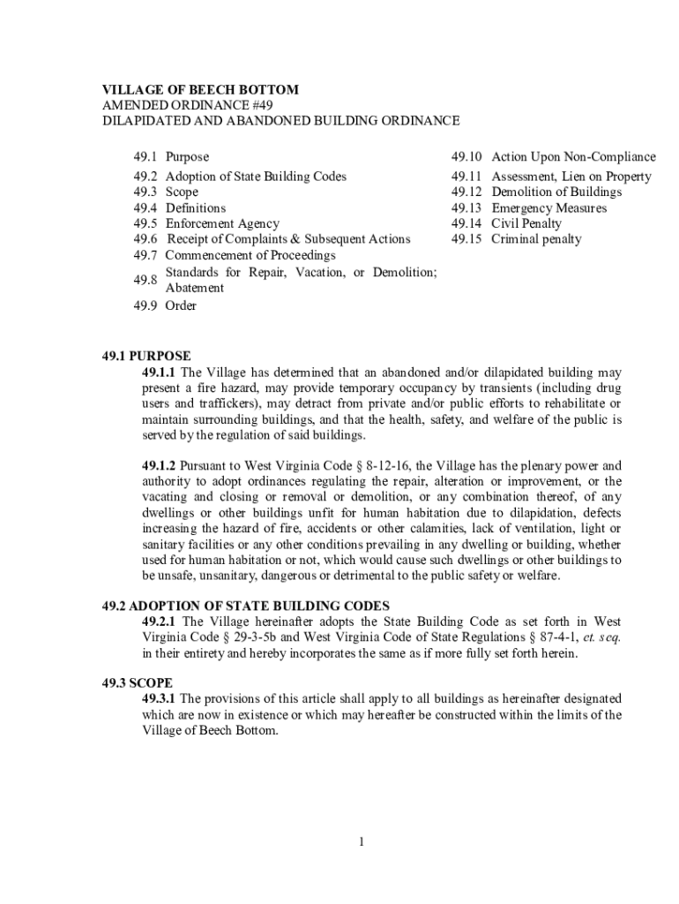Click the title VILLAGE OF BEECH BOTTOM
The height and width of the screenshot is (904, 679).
pos(201,90)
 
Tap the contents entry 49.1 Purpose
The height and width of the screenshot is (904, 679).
pos(171,157)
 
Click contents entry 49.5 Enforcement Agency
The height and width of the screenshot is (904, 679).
pos(206,224)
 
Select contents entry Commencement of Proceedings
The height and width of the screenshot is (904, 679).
pos(250,256)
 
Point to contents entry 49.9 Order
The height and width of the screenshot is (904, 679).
pos(165,306)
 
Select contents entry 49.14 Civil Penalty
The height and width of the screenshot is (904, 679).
pos(506,224)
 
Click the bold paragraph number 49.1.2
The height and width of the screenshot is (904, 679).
pos(160,465)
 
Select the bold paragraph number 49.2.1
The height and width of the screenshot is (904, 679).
pos(160,622)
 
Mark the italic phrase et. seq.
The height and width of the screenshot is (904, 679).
pos(604,638)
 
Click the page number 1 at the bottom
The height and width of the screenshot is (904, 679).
pos(362,841)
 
